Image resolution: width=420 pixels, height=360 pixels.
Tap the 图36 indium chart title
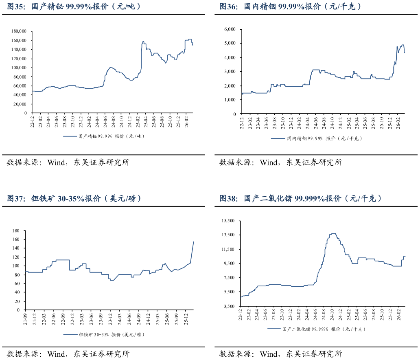pos(290,6)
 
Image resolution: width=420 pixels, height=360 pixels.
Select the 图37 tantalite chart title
pos(74,198)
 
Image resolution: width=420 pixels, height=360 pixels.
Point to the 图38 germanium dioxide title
pos(300,198)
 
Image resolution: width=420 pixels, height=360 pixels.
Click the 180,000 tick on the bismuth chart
pos(19,31)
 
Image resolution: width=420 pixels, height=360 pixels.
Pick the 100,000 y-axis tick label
pos(19,68)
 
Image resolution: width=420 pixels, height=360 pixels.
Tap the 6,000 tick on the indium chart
pos(230,29)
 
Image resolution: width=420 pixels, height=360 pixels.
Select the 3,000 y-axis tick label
pos(230,71)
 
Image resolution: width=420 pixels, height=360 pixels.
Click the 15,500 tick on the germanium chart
pos(228,221)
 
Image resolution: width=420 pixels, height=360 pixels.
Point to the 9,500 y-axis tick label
pos(229,263)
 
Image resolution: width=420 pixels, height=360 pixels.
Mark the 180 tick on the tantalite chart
pos(16,230)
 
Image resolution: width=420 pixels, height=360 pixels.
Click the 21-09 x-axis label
pos(25,319)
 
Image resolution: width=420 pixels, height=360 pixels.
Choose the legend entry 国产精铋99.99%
pos(104,136)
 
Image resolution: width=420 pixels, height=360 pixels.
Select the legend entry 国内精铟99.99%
pos(316,138)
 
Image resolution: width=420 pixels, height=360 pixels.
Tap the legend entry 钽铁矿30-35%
pos(104,334)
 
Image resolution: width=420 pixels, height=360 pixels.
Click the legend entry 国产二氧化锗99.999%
pos(316,329)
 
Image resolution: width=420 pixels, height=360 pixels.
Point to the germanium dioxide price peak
pos(333,233)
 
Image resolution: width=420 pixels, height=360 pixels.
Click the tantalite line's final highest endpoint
pos(194,242)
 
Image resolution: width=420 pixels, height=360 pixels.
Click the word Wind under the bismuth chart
pos(56,162)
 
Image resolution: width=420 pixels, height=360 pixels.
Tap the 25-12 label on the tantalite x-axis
pos(186,319)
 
